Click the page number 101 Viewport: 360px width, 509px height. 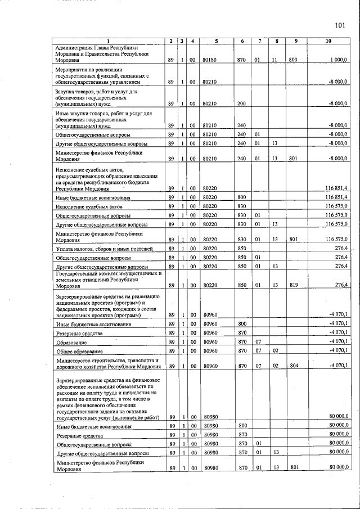tap(339, 25)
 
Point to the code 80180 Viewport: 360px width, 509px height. tap(209, 60)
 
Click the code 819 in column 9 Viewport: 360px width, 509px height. tap(293, 286)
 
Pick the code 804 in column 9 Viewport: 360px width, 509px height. tap(293, 366)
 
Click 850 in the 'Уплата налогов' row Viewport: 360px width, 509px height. tap(242, 249)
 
